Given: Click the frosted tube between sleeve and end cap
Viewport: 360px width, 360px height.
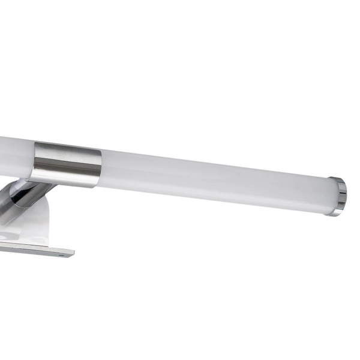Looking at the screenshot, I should (x=210, y=178).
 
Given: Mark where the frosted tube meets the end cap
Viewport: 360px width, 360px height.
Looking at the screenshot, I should (x=329, y=194).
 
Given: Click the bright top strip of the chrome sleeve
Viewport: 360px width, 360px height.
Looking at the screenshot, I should (x=67, y=146).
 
